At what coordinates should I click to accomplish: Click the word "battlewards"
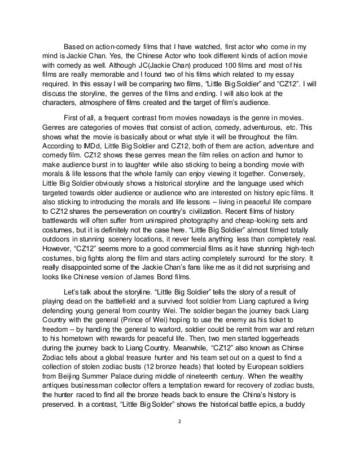click(62, 222)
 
